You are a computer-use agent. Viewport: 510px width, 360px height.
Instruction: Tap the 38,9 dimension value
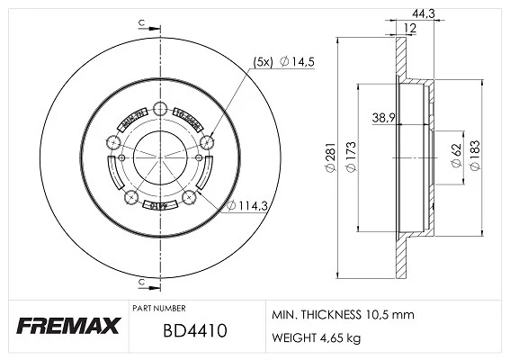(383, 118)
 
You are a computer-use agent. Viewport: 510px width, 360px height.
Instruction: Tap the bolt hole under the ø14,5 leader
(207, 140)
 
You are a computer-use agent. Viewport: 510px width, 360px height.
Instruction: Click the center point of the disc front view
(159, 155)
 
